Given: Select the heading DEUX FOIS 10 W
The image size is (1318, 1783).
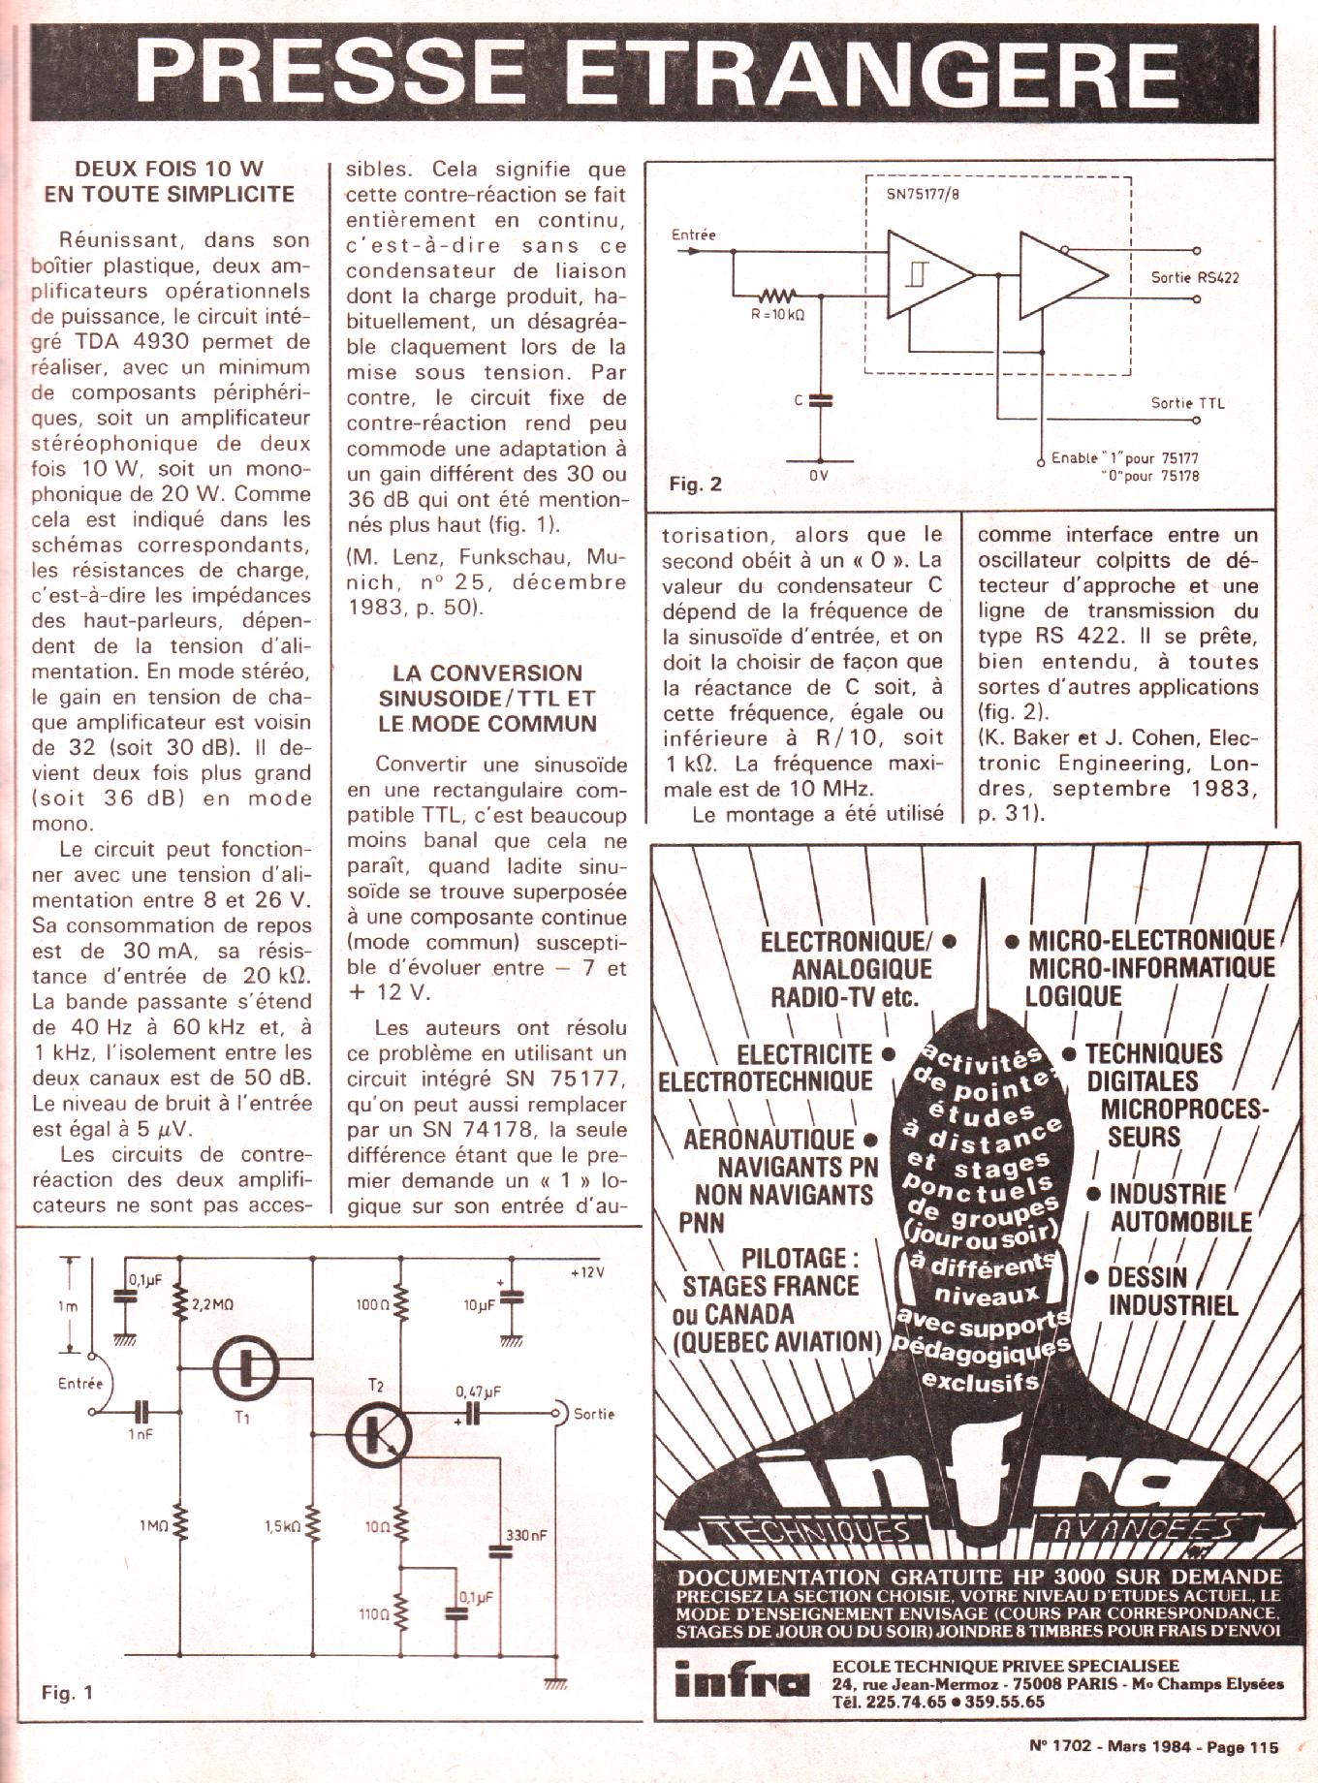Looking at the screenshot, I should pyautogui.click(x=170, y=169).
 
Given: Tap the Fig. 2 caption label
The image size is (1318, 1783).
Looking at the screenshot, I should pyautogui.click(x=696, y=485).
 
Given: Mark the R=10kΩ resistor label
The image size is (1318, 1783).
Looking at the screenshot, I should pyautogui.click(x=778, y=315).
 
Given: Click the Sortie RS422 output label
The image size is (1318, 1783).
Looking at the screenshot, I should pyautogui.click(x=1195, y=277).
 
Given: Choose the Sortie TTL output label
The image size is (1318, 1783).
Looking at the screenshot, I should pyautogui.click(x=1188, y=403).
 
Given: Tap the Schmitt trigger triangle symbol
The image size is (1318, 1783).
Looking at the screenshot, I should pyautogui.click(x=928, y=274).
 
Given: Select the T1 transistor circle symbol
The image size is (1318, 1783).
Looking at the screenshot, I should pyautogui.click(x=246, y=1367).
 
